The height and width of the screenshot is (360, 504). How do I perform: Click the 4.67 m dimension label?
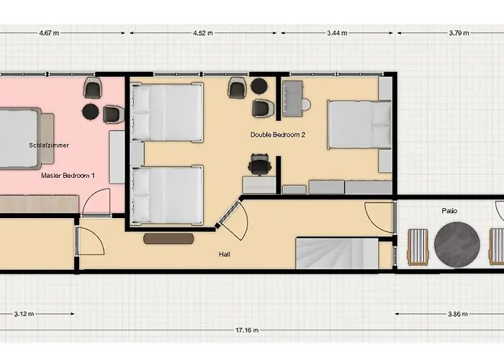point(49,33)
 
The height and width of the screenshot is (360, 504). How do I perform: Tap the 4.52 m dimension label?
point(204,33)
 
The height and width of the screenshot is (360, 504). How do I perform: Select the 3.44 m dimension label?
point(337,33)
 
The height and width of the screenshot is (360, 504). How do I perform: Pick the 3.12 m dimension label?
point(24,314)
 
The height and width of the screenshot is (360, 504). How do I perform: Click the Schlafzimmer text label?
point(49,145)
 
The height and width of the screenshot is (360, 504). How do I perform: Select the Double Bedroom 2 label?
point(278,135)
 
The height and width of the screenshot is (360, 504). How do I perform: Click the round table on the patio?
point(457,244)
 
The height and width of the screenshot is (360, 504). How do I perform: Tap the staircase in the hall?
point(337,253)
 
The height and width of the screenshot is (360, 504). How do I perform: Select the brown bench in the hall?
point(168,238)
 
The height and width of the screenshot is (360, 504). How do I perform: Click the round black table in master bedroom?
point(91,112)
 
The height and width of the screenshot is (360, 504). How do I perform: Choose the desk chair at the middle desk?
point(259,164)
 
